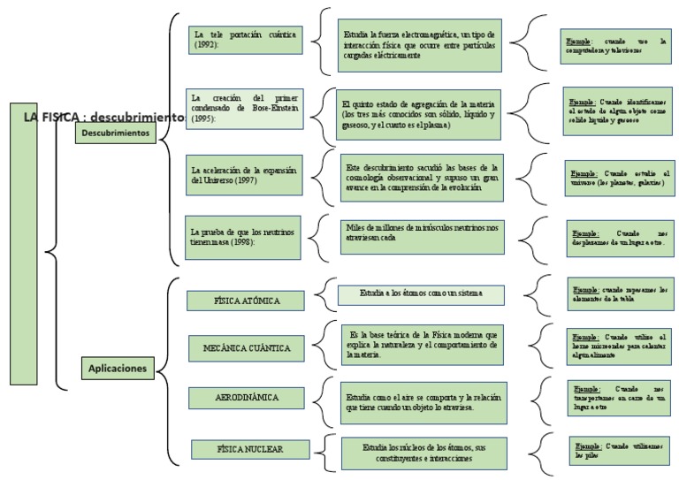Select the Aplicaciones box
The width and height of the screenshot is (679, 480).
(118, 368)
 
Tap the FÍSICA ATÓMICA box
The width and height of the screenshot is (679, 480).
(247, 301)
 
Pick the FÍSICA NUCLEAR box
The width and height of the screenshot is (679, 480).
(249, 449)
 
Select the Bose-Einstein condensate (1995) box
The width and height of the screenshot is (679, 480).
(244, 109)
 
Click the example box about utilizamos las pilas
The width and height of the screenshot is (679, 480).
(618, 451)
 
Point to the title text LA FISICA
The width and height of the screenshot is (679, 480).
(53, 117)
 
